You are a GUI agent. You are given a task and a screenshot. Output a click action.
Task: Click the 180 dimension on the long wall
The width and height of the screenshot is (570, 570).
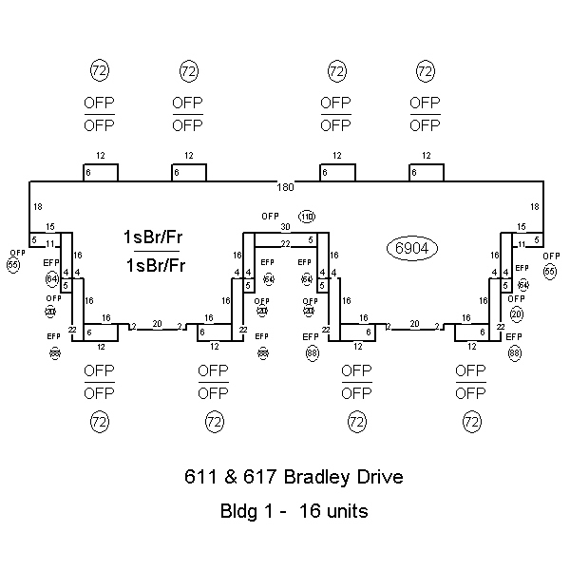click(285, 185)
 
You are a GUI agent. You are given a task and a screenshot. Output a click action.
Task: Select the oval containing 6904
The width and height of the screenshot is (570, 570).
click(409, 248)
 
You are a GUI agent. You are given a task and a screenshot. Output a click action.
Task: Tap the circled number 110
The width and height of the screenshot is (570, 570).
click(306, 217)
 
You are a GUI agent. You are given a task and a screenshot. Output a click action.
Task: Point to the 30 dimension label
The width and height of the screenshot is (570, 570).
click(284, 227)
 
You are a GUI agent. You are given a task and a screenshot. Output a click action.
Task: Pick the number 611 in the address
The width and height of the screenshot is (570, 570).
click(199, 477)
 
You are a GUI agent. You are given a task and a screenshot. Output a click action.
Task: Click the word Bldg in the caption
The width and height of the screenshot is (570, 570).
click(237, 511)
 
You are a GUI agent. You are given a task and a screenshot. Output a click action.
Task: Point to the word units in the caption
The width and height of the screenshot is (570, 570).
click(346, 511)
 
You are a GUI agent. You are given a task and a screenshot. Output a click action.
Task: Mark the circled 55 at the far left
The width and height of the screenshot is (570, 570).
click(13, 265)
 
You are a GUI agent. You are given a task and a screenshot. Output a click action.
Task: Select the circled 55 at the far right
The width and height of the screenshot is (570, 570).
click(551, 271)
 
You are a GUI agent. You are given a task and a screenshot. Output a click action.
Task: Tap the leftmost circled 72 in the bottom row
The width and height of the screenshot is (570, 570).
click(99, 420)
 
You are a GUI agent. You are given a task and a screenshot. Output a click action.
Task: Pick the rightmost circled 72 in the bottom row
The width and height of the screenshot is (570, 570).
click(471, 420)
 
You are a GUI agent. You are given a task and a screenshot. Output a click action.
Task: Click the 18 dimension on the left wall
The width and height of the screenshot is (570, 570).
click(37, 206)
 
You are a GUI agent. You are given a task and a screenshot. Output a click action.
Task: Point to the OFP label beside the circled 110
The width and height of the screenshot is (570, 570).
click(271, 217)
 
